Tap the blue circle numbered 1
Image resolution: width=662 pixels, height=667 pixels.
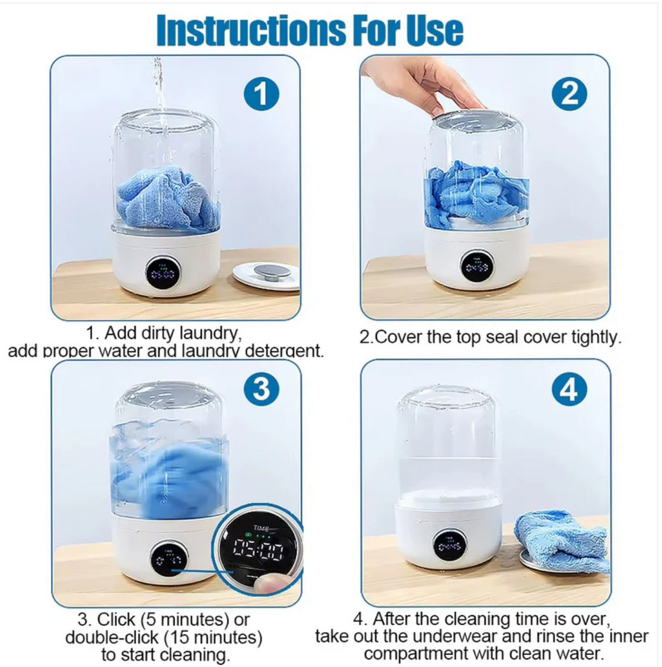262,94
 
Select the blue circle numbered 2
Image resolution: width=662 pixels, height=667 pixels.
570,94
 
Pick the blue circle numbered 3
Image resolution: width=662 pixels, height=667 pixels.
262,389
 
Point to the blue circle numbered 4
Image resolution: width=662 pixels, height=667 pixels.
570,389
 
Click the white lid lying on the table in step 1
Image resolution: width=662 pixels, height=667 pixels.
267,276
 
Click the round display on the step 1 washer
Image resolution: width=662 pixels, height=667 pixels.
163,272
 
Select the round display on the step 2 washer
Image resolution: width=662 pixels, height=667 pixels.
477,265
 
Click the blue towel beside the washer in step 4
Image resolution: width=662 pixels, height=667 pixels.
561,540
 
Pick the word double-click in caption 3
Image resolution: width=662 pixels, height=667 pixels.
112,637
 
